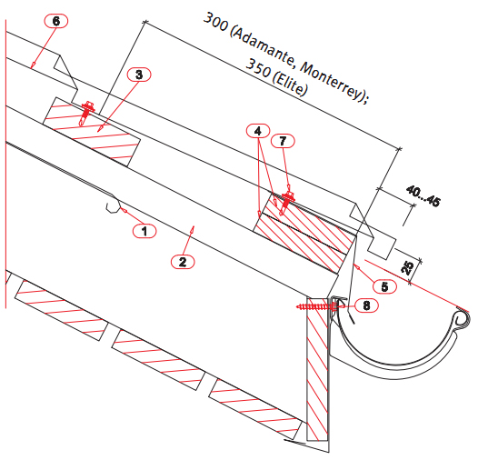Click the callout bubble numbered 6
[56, 21]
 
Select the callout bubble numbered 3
[139, 75]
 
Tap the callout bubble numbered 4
[258, 131]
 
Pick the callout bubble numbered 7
[283, 141]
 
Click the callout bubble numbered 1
[144, 231]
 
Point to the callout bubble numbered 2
[183, 262]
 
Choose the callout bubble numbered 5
[384, 286]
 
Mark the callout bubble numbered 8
[367, 305]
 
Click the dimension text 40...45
[423, 195]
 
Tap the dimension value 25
[408, 267]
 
